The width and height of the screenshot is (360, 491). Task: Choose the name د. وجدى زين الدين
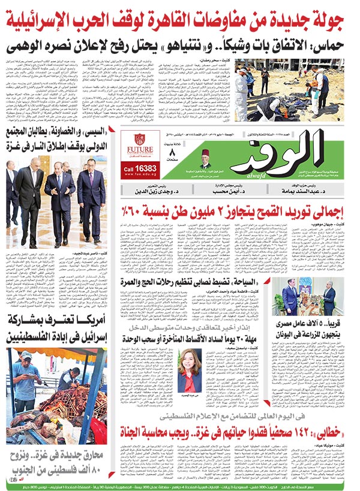pos(156,191)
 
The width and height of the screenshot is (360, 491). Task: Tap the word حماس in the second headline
pos(338,47)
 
